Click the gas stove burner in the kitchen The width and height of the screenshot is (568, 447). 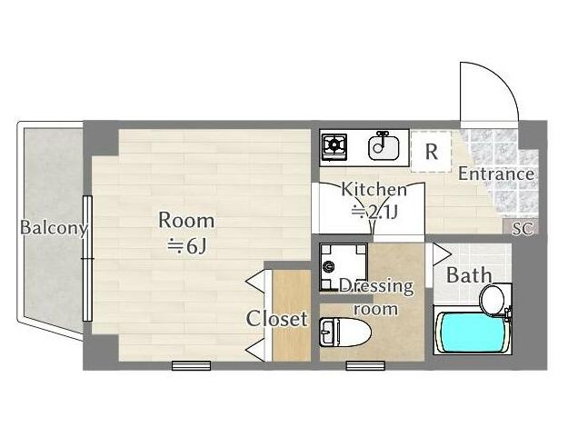(334, 146)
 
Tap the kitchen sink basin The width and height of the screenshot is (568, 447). (384, 147)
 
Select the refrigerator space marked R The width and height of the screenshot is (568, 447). (431, 152)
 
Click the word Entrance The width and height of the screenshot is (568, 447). (496, 174)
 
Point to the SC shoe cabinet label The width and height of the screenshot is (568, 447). (523, 228)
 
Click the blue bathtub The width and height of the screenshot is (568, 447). (471, 333)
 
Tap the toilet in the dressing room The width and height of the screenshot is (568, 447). (345, 333)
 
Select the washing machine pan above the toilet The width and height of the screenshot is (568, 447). (344, 267)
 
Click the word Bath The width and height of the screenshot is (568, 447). (469, 275)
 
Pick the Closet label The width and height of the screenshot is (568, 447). (277, 319)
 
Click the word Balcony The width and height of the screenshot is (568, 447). (54, 228)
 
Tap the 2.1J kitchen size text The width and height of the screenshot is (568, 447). (375, 212)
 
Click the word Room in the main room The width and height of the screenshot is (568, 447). (186, 221)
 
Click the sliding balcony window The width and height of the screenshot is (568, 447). (87, 258)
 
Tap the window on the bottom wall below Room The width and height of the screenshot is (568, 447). (191, 365)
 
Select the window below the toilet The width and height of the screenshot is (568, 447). (365, 365)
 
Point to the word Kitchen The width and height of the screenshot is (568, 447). (374, 190)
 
